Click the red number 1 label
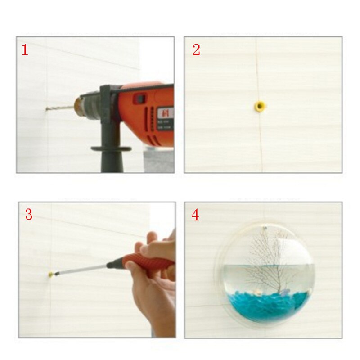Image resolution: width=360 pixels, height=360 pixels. tap(25, 50)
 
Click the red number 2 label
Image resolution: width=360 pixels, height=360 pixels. tap(196, 50)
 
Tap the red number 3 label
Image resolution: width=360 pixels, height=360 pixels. tap(28, 215)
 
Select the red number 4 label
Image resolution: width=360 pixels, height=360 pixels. tap(195, 215)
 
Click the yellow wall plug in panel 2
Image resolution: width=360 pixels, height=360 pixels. tap(260, 107)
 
